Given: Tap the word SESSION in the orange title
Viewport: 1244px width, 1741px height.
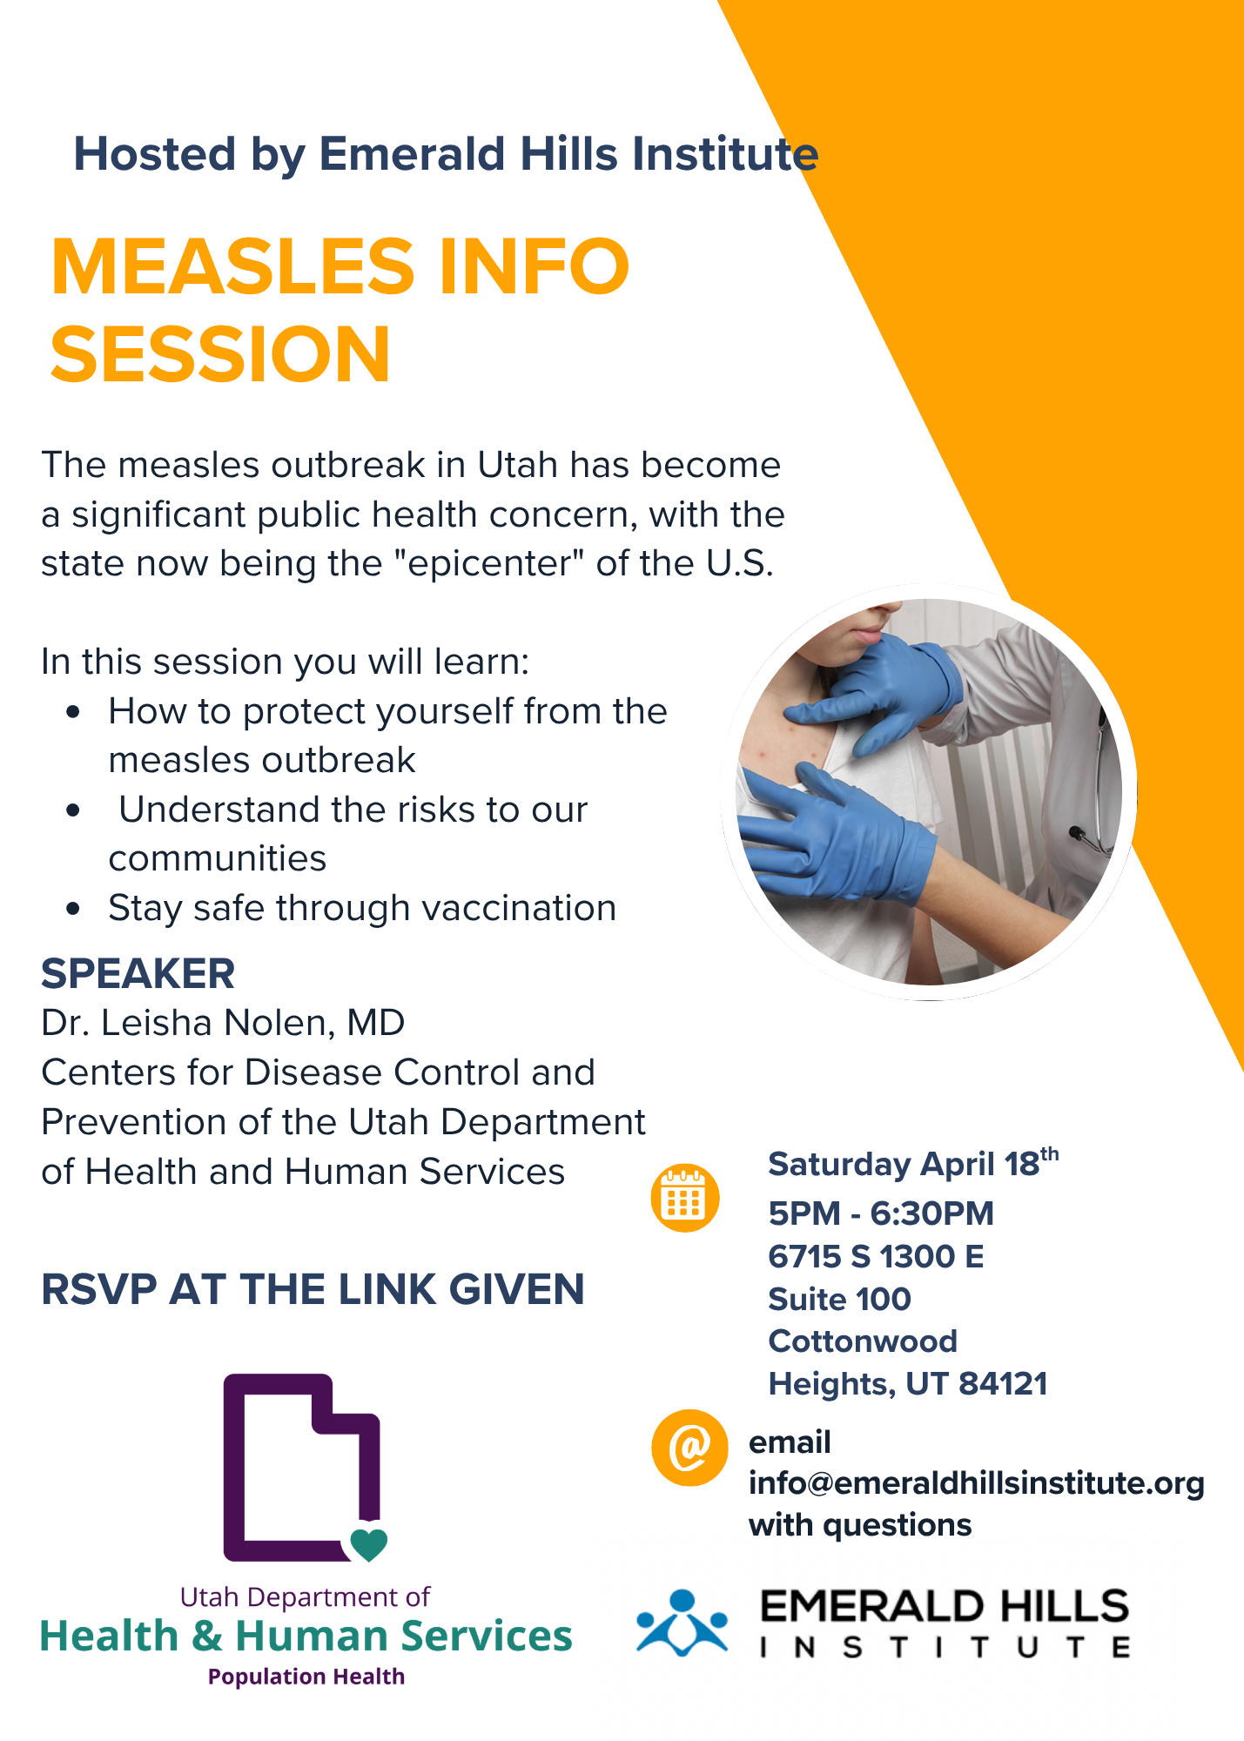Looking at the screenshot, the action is pos(220,353).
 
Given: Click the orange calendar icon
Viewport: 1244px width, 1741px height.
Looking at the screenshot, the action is pos(685,1198).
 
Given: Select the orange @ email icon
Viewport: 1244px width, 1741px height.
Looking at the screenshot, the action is pos(689,1448).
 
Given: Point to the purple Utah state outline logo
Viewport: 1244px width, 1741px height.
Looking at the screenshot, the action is pos(302,1468).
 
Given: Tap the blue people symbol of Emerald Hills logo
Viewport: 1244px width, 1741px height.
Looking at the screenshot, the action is pos(682,1622).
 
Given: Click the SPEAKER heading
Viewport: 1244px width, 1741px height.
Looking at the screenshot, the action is pos(138,973).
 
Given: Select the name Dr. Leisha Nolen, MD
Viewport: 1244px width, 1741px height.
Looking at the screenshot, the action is pos(223,1023).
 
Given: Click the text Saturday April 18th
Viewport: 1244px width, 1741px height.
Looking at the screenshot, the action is pos(913,1163).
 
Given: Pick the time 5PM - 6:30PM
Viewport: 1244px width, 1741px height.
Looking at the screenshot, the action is pos(881,1213).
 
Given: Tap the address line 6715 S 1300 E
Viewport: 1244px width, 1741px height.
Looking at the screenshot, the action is pos(876,1256).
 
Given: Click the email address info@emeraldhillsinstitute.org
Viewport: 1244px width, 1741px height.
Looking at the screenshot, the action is pos(976,1483).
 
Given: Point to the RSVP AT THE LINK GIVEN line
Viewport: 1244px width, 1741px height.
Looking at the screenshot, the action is pos(313,1289).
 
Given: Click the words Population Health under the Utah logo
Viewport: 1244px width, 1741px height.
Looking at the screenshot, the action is pos(306,1677).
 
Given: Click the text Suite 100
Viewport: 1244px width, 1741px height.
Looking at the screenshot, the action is pos(839,1299).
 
